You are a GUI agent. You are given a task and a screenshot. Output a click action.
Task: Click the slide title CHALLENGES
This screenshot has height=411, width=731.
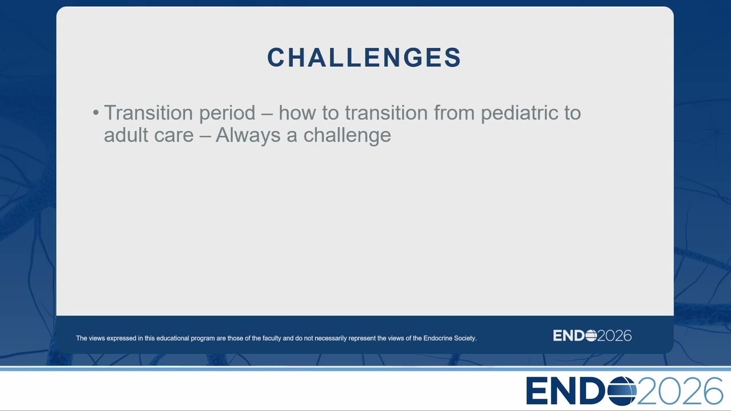point(364,58)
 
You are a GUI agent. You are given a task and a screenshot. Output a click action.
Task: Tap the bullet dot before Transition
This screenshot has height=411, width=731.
point(95,113)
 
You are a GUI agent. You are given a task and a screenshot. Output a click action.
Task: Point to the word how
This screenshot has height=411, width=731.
point(297,112)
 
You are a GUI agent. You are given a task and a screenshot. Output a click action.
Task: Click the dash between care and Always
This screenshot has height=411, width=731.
point(204,136)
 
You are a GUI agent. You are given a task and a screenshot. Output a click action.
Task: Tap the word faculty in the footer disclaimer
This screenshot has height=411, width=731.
point(272,339)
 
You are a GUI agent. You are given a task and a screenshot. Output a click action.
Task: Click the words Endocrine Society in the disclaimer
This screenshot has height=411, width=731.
point(450,339)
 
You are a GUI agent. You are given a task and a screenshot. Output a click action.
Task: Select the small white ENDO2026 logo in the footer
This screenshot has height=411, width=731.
point(592,336)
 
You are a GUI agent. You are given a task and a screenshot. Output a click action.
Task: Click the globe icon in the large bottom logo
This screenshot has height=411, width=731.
point(622,391)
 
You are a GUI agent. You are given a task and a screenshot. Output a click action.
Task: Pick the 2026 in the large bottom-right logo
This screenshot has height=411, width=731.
point(680,391)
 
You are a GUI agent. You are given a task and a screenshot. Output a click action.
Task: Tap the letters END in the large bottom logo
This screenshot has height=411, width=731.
point(567,391)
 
